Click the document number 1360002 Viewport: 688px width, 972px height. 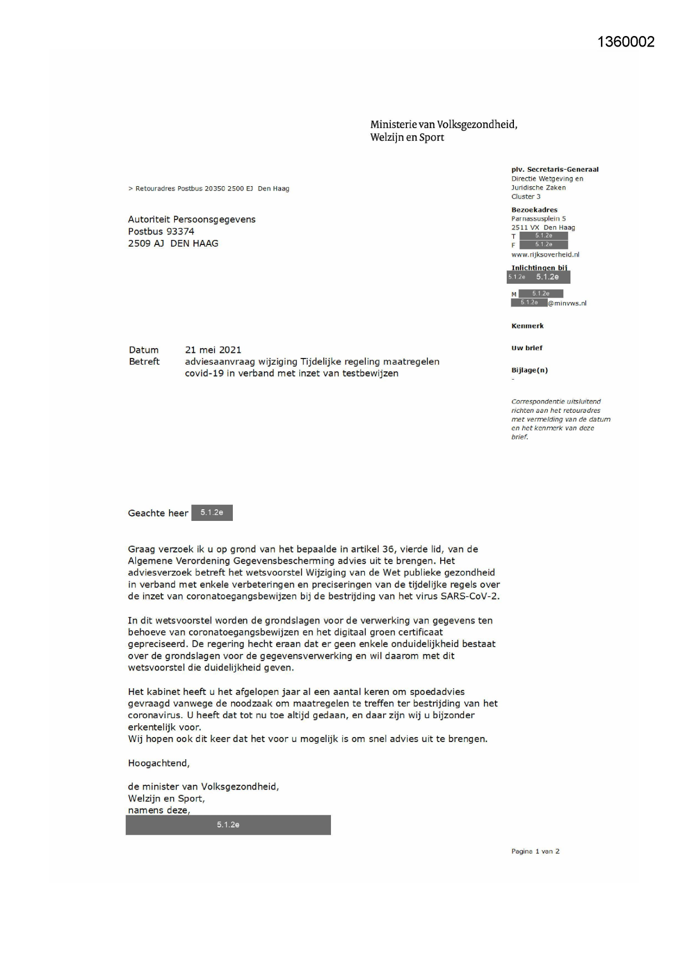tap(626, 42)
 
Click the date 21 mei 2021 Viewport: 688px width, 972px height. tap(213, 350)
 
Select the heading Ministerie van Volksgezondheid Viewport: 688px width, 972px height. tap(444, 125)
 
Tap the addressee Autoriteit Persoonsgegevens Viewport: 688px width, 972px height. tap(191, 219)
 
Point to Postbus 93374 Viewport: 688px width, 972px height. tap(161, 231)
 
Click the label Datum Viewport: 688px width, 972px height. tap(144, 350)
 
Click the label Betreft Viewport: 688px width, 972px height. tap(144, 361)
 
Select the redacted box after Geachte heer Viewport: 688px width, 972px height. tap(212, 513)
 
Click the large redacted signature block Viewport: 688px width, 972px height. tap(228, 825)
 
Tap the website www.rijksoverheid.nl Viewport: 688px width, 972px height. tap(545, 254)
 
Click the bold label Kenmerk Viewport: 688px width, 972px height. tap(527, 326)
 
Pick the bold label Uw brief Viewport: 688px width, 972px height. tap(527, 348)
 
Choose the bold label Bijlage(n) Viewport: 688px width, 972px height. tap(529, 370)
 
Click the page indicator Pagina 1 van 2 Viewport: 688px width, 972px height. tap(535, 851)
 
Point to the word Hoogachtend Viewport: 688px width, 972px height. tap(159, 763)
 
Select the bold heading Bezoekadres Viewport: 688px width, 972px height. tap(534, 210)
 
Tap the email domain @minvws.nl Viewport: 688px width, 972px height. tap(567, 303)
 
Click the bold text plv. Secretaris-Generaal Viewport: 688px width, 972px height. tap(554, 170)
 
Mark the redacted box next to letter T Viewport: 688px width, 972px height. tap(543, 236)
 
